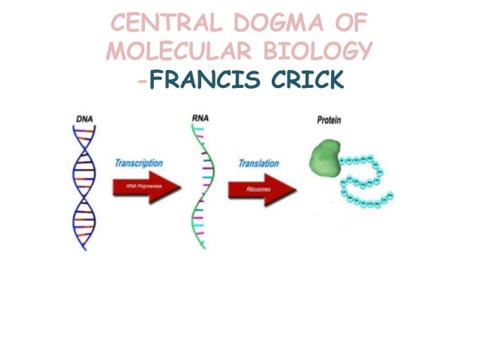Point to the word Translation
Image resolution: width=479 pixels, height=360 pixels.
pos(259,163)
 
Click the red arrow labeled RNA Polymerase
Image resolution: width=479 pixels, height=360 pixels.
pos(144,189)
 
